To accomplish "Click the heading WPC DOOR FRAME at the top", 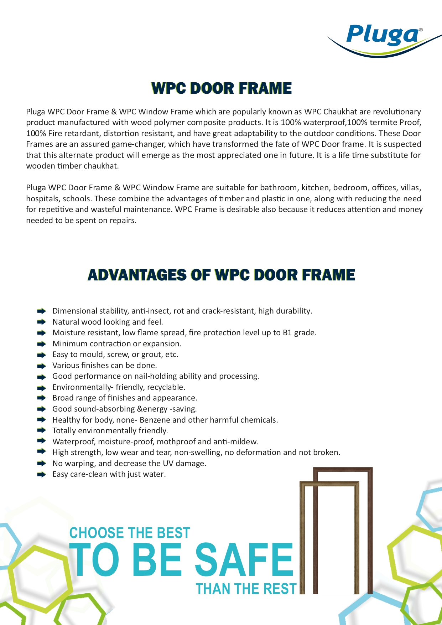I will point(221,88).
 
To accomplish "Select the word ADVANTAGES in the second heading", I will point(137,275).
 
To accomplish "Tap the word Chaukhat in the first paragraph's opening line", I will point(340,112).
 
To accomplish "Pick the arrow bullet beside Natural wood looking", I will point(42,322).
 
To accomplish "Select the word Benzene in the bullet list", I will point(155,420).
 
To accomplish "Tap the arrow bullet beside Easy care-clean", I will point(42,474).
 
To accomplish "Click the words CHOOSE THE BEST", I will point(130,533).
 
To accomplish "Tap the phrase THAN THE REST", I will point(246,589).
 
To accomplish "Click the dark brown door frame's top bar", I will point(343,470).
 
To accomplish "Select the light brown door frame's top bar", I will point(329,484).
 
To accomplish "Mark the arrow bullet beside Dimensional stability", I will point(42,311).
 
